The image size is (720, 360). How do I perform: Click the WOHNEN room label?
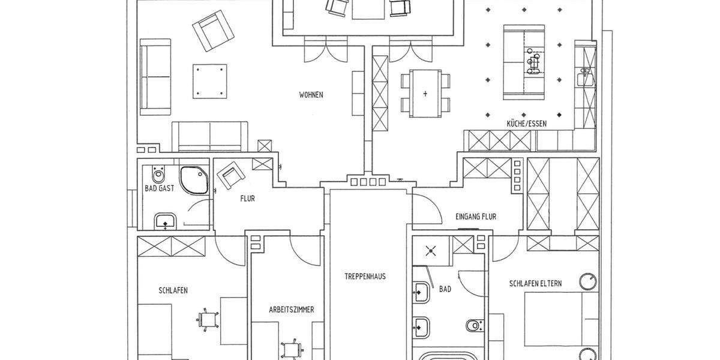click(311, 95)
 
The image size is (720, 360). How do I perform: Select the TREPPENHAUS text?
click(365, 277)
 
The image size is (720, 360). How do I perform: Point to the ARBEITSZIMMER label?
click(292, 310)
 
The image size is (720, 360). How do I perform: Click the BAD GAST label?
click(160, 188)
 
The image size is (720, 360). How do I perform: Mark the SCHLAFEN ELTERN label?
click(535, 284)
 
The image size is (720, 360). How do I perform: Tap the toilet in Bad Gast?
click(158, 175)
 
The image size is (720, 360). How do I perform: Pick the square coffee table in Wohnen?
click(211, 81)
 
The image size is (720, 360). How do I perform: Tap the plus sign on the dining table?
click(425, 94)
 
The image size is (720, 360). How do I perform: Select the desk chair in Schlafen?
click(205, 319)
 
